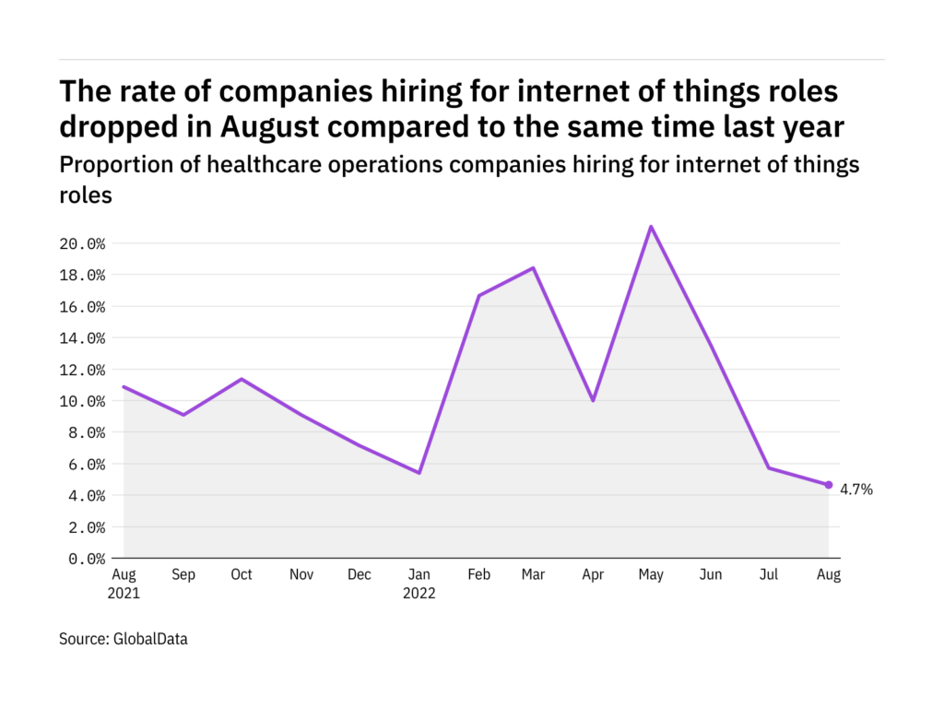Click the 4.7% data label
pyautogui.click(x=856, y=490)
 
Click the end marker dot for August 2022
pyautogui.click(x=829, y=485)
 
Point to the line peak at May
pyautogui.click(x=652, y=227)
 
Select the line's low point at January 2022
pyautogui.click(x=419, y=473)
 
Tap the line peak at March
pyautogui.click(x=534, y=268)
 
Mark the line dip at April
pyautogui.click(x=594, y=400)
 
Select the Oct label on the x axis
pyautogui.click(x=242, y=574)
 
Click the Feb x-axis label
pyautogui.click(x=478, y=574)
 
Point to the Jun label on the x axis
pyautogui.click(x=711, y=574)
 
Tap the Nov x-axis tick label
pyautogui.click(x=301, y=574)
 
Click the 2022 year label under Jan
pyautogui.click(x=419, y=594)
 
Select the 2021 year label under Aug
pyautogui.click(x=124, y=594)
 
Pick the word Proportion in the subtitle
pyautogui.click(x=112, y=165)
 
